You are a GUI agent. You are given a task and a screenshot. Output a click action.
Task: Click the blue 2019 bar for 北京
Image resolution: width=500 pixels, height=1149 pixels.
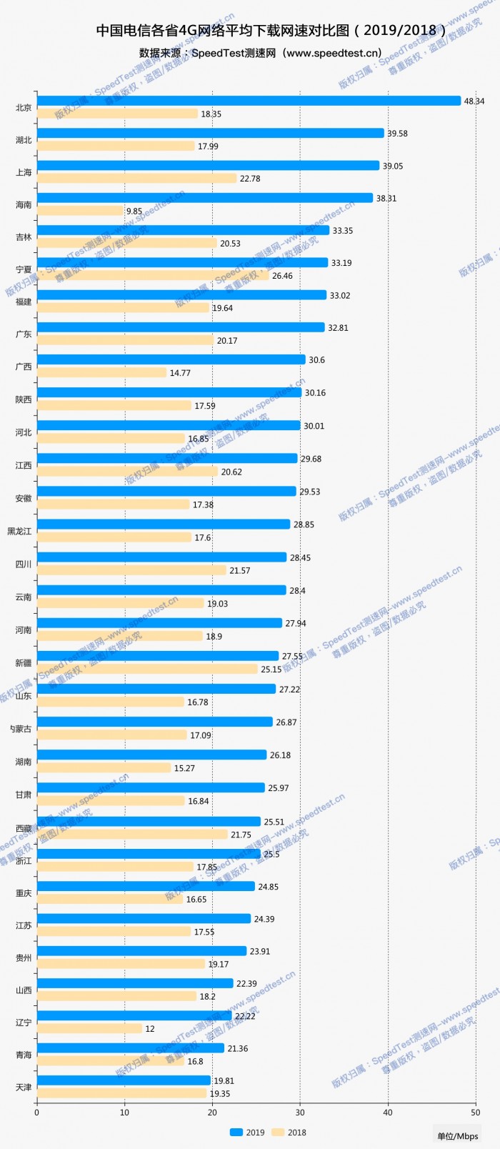249,101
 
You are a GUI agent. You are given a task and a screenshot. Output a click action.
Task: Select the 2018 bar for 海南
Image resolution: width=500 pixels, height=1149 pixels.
80,211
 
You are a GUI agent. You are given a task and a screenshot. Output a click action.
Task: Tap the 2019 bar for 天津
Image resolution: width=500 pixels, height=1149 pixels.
124,1080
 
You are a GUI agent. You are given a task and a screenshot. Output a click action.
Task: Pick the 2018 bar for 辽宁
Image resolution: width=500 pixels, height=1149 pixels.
89,1028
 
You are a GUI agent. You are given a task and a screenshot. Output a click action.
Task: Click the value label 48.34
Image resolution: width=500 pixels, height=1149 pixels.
474,101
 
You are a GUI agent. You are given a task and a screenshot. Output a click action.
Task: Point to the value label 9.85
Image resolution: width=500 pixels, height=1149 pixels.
134,212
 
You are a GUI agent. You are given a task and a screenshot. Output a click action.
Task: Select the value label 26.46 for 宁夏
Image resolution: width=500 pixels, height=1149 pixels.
282,276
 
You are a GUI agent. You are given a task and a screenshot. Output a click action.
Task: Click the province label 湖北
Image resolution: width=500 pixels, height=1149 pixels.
24,140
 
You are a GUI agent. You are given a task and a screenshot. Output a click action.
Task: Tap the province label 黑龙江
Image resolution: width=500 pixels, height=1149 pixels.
19,531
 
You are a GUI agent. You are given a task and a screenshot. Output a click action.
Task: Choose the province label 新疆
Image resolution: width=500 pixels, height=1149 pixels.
24,663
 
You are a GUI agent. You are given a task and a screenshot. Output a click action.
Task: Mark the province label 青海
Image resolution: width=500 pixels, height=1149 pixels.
24,1055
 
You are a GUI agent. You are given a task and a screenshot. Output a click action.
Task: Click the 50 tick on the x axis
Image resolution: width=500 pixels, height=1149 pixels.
476,1112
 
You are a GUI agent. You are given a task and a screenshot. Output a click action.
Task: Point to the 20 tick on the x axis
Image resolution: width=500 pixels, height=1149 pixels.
212,1112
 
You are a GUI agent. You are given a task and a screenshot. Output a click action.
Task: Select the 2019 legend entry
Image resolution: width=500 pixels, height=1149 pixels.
247,1132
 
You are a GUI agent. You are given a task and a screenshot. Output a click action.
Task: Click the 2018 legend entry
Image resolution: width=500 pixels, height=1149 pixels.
289,1132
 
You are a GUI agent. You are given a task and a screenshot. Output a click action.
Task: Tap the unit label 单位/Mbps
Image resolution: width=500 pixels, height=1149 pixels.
458,1136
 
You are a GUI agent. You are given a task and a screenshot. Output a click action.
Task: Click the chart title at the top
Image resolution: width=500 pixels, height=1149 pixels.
271,30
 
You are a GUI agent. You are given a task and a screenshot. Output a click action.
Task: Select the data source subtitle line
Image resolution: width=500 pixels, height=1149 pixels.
261,53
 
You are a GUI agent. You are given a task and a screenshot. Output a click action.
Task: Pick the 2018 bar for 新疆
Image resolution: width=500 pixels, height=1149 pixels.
147,669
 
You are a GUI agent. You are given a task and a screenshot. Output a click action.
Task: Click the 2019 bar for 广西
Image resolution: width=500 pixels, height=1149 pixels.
171,359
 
